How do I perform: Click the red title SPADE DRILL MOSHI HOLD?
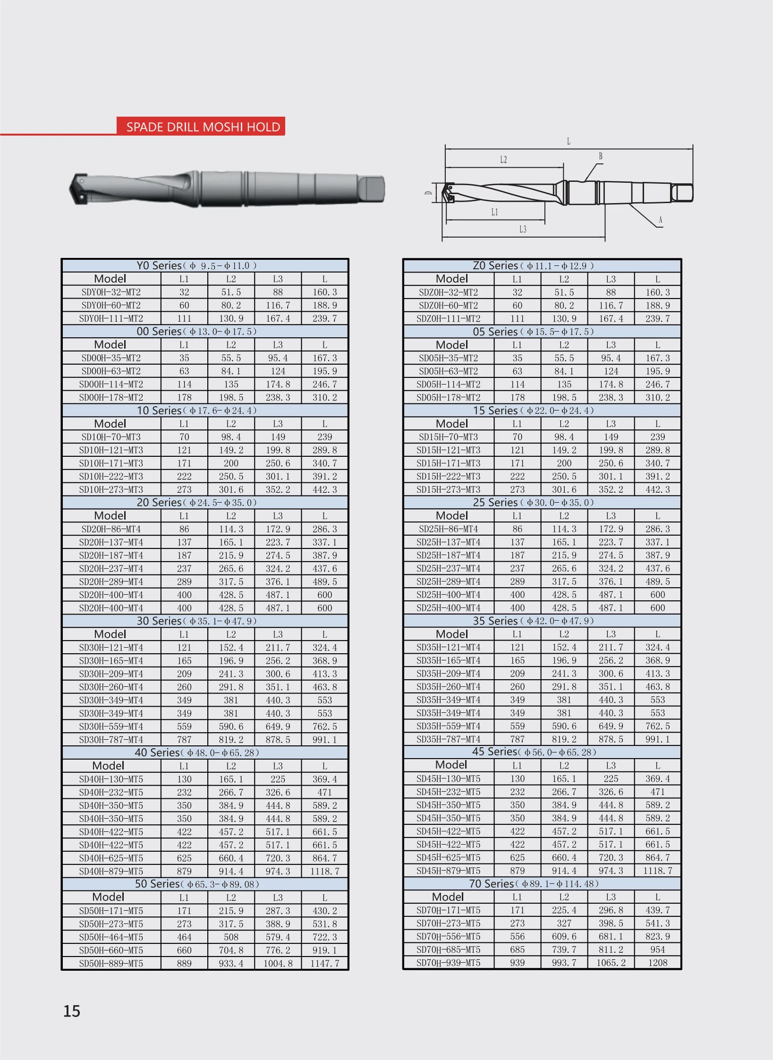coord(203,127)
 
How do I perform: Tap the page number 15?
coord(72,1011)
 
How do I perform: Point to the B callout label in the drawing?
coord(600,156)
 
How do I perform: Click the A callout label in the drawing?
coord(660,220)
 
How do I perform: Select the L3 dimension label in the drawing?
coord(523,229)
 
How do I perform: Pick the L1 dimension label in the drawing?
coord(494,212)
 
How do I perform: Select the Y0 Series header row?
coord(205,265)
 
